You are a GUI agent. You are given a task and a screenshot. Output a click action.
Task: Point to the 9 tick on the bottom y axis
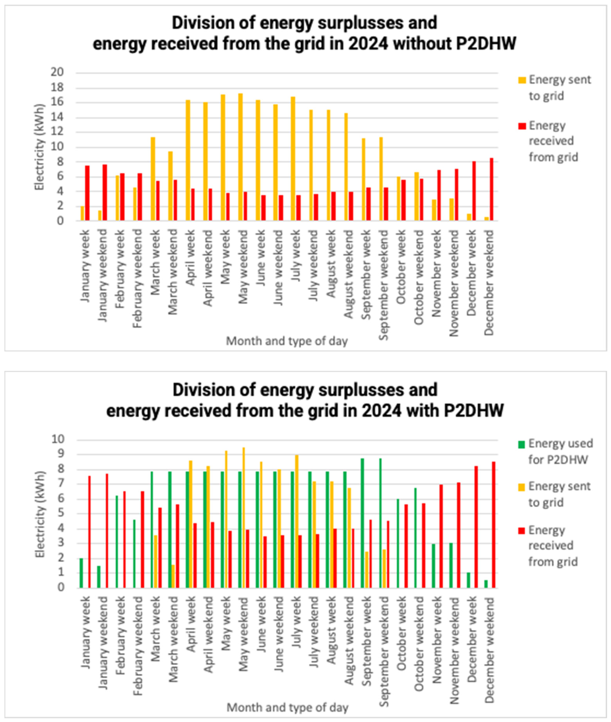coord(60,454)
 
